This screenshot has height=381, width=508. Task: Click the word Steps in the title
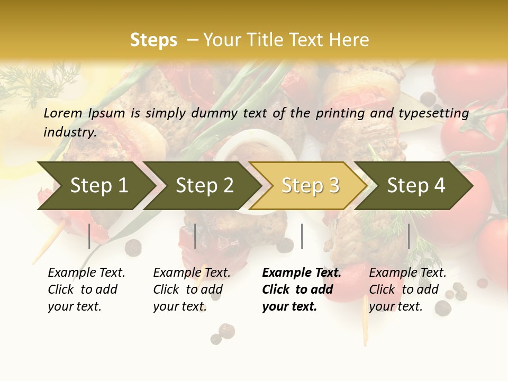153,40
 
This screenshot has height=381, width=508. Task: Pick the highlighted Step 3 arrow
310,186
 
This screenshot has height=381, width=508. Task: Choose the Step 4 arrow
416,186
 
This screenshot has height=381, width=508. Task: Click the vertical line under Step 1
89,236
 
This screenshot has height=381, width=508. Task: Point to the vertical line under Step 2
195,236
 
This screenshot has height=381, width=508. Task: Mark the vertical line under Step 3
302,236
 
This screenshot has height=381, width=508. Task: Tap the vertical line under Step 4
409,236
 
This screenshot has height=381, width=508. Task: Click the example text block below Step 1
86,289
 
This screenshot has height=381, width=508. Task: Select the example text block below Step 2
192,289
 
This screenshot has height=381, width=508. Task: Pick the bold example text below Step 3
301,289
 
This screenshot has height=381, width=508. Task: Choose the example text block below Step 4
407,289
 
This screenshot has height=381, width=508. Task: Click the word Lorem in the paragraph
63,113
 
